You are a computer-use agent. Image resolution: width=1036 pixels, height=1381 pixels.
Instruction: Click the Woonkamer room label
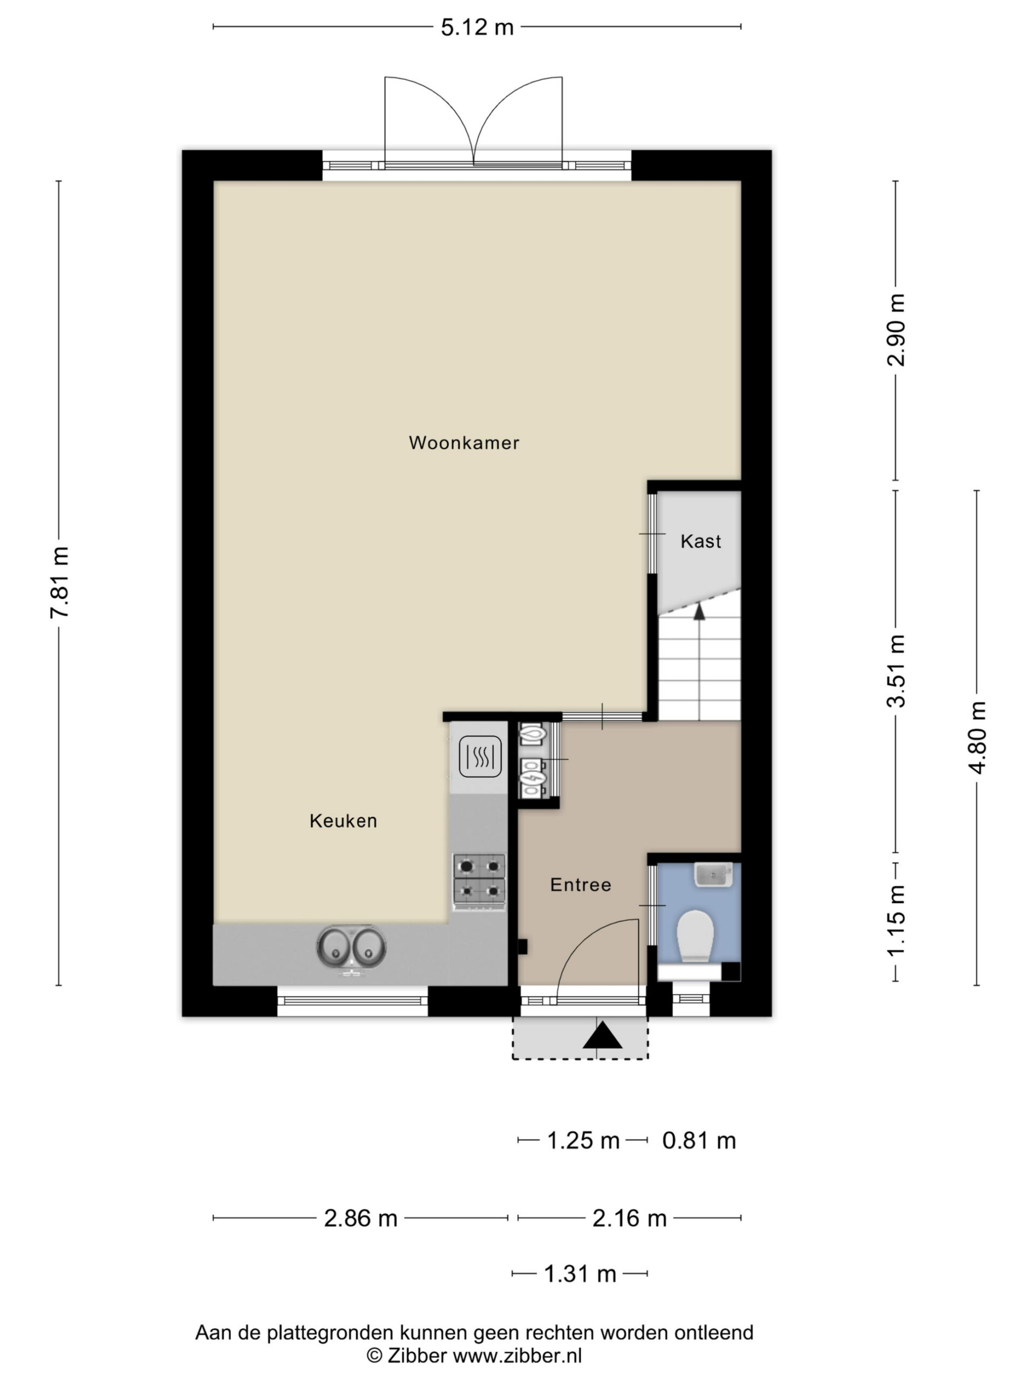[x=464, y=443]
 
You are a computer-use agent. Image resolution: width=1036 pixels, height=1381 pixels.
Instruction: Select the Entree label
[x=581, y=885]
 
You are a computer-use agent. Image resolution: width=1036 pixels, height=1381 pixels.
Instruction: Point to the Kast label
[x=701, y=541]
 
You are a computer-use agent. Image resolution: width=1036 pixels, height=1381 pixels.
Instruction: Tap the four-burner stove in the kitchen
[x=479, y=881]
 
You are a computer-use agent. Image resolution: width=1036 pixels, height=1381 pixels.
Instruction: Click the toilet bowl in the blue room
[x=695, y=935]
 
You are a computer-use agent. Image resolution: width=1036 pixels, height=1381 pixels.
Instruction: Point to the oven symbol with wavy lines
[x=480, y=757]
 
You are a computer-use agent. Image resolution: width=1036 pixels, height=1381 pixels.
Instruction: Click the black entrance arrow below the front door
[x=603, y=1035]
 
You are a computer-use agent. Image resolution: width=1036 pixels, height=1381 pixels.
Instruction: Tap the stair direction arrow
[x=699, y=612]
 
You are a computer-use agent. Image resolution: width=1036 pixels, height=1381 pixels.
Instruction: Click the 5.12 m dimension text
[x=477, y=28]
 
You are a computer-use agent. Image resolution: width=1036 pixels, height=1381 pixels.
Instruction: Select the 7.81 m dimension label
[x=60, y=582]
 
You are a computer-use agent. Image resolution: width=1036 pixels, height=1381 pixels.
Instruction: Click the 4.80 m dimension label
[x=977, y=737]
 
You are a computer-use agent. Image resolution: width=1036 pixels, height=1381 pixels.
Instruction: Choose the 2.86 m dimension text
[x=360, y=1218]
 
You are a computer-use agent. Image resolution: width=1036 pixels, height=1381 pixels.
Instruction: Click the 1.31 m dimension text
[x=580, y=1274]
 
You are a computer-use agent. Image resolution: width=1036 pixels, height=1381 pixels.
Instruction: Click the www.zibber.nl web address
[x=517, y=1356]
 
